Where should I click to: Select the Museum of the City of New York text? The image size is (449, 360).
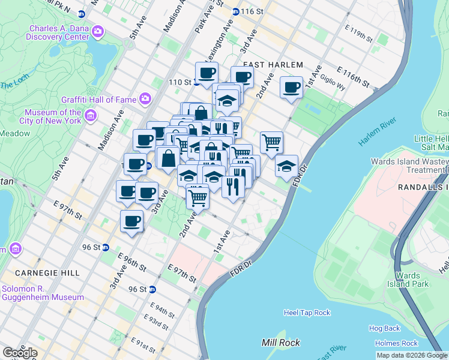[x=53, y=116]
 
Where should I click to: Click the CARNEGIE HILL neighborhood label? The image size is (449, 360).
[x=40, y=273]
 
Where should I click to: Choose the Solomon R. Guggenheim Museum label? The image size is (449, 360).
[x=42, y=293]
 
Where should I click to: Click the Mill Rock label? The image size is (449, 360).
[x=280, y=343]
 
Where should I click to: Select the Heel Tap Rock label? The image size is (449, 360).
[x=307, y=313]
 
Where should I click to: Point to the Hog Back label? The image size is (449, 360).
[x=384, y=328]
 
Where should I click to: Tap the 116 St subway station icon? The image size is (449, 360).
[x=237, y=11]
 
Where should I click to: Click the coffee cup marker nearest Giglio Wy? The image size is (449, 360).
[x=292, y=87]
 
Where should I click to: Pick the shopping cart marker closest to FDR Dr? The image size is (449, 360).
[x=271, y=142]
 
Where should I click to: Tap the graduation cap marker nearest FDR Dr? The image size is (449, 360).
[x=287, y=166]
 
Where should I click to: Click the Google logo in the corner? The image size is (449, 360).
[x=19, y=353]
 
